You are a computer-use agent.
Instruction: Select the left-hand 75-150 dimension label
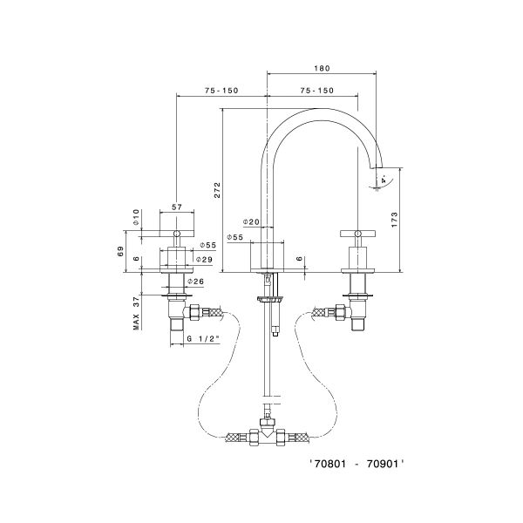tap(222, 91)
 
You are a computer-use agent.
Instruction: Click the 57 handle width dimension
tap(177, 207)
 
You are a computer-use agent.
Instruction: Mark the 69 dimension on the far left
tap(121, 251)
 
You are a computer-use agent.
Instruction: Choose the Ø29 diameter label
tap(207, 260)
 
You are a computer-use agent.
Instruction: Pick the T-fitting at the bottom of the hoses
tap(267, 434)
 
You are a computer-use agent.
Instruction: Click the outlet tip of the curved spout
tap(380, 167)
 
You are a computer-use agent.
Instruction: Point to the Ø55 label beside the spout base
tap(234, 237)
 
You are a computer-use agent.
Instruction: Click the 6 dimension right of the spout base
tap(299, 259)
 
